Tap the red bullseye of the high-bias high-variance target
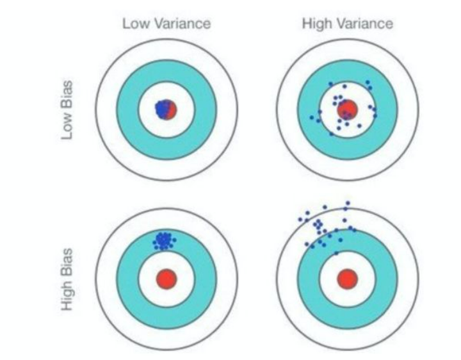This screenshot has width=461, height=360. pos(347,279)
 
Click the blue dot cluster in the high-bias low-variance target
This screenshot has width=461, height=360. pos(165,241)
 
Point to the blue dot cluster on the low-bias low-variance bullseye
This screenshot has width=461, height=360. pos(163,108)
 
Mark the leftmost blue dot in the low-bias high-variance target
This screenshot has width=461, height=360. pos(312,119)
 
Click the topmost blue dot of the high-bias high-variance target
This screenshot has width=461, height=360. pos(348,204)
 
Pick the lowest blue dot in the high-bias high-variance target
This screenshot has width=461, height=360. pos(336,253)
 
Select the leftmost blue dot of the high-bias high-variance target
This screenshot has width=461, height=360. pos(300,219)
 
